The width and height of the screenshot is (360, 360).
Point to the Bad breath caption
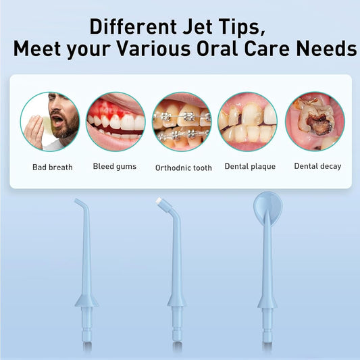[52, 167]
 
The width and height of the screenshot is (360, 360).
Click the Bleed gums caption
[115, 166]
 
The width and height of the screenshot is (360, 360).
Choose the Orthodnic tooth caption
[183, 168]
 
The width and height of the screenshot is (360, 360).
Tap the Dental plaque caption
[249, 166]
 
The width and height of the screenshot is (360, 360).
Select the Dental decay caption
[317, 166]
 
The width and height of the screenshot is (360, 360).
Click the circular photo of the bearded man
[49, 122]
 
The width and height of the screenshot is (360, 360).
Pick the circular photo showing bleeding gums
[115, 122]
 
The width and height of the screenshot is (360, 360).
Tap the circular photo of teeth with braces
[182, 122]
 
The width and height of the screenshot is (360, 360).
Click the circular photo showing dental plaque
[247, 122]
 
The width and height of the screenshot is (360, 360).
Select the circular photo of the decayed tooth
[315, 122]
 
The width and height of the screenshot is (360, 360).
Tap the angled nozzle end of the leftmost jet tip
[78, 202]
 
